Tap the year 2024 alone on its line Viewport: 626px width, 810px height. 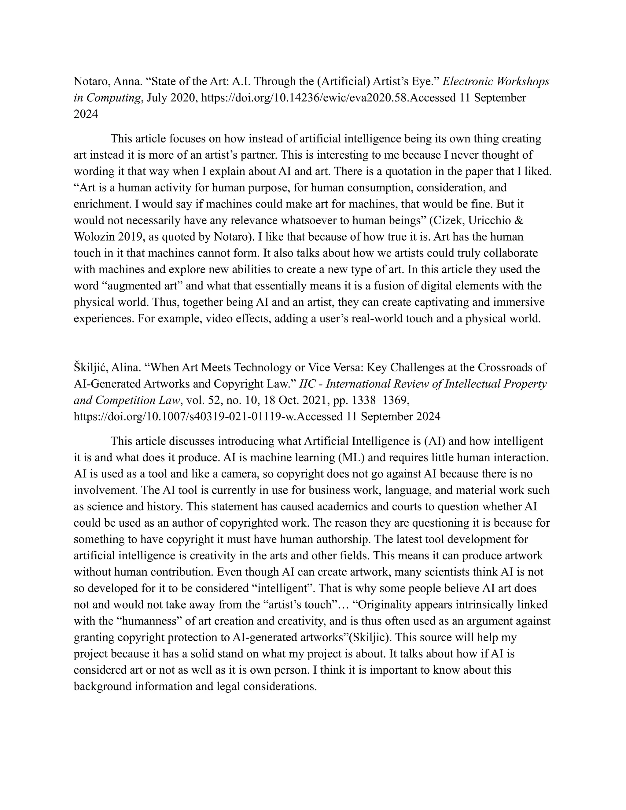(86, 114)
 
